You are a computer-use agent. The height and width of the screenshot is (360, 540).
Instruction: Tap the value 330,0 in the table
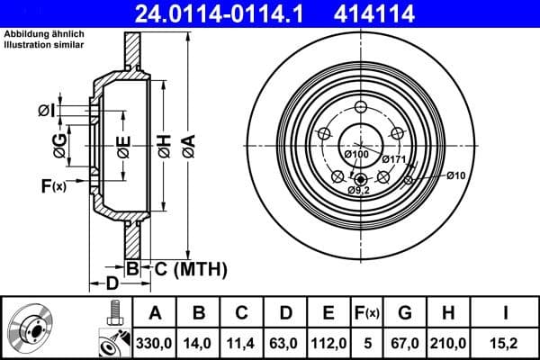(155, 342)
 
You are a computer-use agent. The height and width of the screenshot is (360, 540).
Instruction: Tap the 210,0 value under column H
(454, 342)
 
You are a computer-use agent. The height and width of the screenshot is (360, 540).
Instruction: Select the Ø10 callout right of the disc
(456, 175)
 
